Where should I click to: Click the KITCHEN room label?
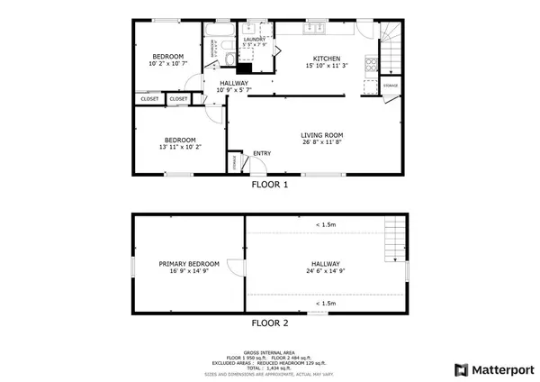(325, 58)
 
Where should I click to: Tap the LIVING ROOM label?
(321, 134)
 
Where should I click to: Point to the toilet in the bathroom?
(230, 59)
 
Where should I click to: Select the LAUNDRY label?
(254, 40)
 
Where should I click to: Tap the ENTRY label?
(262, 153)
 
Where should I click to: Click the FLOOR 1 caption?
(269, 186)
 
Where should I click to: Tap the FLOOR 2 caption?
(269, 323)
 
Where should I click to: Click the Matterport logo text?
(499, 369)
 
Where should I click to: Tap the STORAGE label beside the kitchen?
(391, 86)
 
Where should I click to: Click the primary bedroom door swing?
(235, 268)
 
